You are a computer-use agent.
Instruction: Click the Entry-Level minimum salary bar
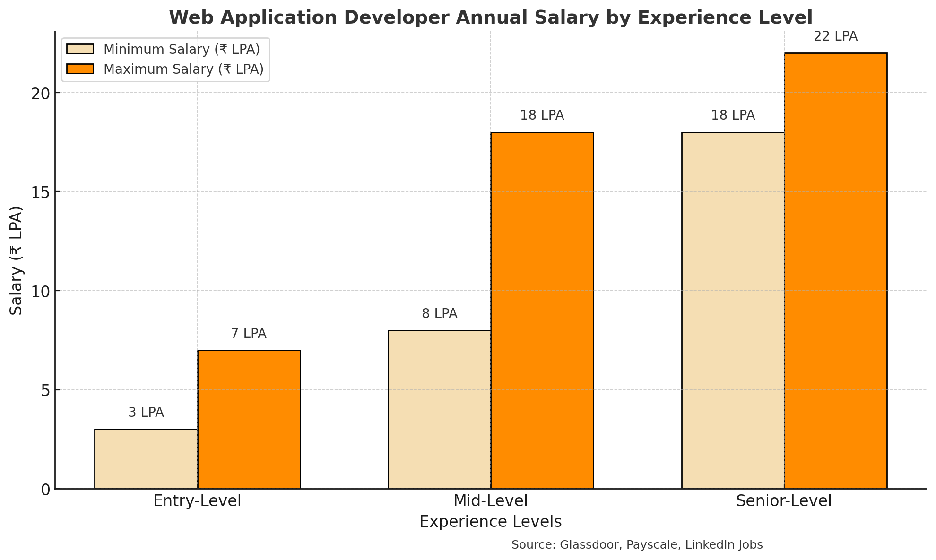(146, 459)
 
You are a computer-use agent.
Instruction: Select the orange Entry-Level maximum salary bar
(249, 420)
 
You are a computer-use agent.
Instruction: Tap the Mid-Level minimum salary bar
(439, 409)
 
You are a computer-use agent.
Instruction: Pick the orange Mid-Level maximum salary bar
(542, 310)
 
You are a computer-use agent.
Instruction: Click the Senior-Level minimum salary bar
(733, 310)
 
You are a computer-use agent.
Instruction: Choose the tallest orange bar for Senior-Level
(836, 271)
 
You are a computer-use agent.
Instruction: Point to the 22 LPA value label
(835, 36)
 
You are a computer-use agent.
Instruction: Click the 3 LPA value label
(146, 413)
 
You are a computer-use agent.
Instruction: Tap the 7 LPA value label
(249, 334)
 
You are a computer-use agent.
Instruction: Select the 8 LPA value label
(440, 314)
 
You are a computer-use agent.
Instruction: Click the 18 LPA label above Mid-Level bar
(542, 115)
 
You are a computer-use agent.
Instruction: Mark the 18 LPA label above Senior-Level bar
(733, 115)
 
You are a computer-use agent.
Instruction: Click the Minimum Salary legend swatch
(80, 49)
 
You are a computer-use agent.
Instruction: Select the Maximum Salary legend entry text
(183, 69)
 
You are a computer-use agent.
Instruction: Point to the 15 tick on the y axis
(41, 192)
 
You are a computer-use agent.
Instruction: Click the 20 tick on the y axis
(41, 93)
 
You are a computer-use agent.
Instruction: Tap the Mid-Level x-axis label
(490, 501)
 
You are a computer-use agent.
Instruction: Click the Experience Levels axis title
(490, 522)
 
